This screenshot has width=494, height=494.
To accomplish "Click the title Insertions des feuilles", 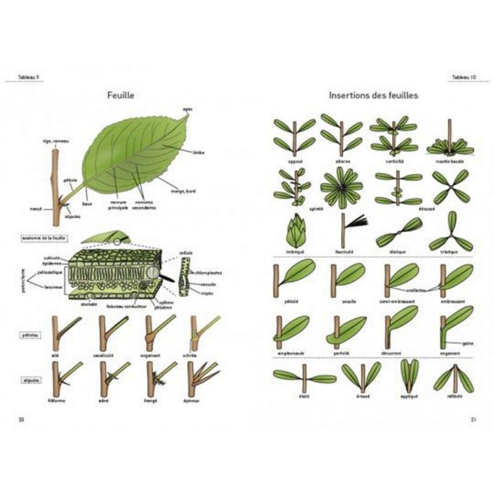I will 374,96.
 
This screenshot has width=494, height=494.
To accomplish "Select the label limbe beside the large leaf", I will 199,151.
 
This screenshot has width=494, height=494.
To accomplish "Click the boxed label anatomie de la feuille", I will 44,237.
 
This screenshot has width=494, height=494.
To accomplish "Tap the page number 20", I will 22,419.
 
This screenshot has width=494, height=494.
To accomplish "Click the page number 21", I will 472,419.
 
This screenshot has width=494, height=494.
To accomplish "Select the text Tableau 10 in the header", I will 463,77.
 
